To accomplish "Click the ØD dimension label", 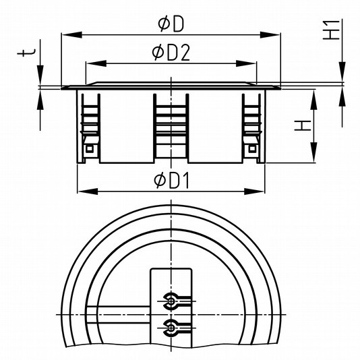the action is pos(171,24).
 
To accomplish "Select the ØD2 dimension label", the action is pos(171,53).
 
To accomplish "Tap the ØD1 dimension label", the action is pos(172,181).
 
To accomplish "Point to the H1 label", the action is pos(331,30).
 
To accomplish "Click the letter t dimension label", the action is pos(26,53).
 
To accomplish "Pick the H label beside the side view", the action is pos(303,126).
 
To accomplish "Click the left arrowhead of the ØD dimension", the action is pos(71,35).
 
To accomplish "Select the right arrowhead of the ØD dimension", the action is pos(270,35).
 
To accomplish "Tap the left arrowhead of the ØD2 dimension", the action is pos(96,63).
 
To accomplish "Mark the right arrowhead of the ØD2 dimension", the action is pos(246,63).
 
